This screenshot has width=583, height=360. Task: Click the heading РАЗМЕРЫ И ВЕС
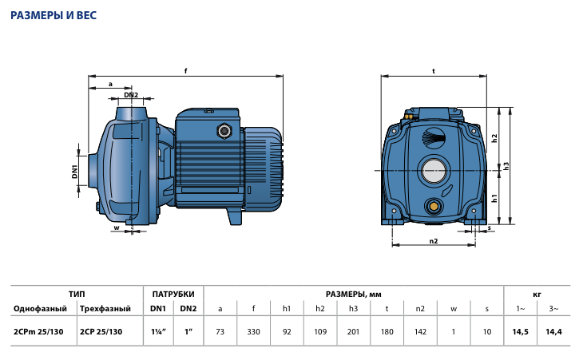[54, 15]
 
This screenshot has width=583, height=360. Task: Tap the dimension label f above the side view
[186, 70]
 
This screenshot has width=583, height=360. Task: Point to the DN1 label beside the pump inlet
[75, 172]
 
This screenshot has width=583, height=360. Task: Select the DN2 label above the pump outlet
[131, 95]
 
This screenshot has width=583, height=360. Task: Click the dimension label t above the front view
[434, 70]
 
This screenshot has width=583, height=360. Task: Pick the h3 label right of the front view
[506, 166]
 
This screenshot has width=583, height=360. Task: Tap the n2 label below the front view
[434, 241]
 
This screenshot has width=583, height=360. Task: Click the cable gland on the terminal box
[224, 131]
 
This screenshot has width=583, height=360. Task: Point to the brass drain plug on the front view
[434, 205]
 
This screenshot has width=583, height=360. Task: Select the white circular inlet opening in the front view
[434, 172]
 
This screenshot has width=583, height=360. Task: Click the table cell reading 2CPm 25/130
[38, 332]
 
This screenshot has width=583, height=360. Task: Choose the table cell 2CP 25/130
[101, 332]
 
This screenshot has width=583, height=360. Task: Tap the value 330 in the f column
[254, 332]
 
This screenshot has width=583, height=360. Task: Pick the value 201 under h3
[353, 332]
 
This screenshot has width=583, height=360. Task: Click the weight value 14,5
[520, 332]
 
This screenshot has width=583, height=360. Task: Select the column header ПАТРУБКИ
[173, 295]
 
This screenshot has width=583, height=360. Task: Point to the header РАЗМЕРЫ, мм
[354, 295]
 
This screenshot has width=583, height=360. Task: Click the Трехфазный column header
[105, 309]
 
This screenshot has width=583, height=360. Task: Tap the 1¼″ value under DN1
[158, 332]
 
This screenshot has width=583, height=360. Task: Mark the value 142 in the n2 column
[420, 332]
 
